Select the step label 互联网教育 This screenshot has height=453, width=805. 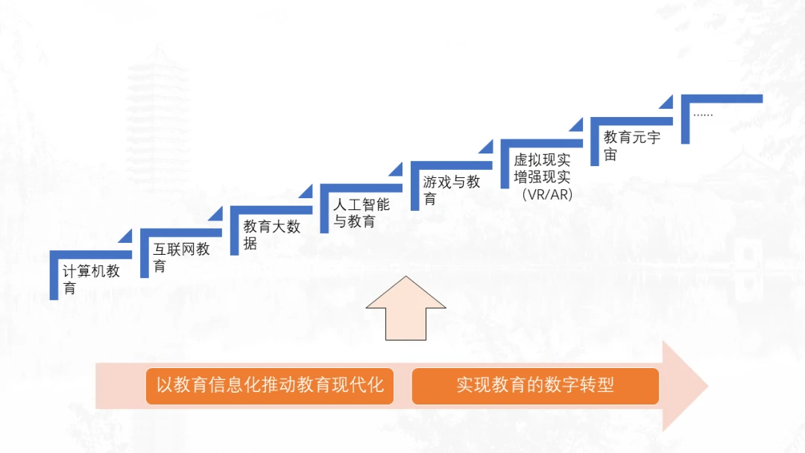pos(182,257)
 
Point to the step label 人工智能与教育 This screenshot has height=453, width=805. pos(362,212)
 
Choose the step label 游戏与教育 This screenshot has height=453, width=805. pos(452,190)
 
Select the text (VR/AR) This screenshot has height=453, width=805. pos(547,195)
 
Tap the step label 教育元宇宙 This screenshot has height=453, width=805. pos(632,145)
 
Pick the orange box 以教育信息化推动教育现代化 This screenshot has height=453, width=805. pos(270,385)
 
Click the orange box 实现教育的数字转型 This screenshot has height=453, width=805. pos(535,385)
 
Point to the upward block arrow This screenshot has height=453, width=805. pos(406,308)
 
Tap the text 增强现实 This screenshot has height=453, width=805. pos(542,177)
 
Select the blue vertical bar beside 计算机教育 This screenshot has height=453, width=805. pos(54,277)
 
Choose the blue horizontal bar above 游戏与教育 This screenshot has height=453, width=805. pos(451,165)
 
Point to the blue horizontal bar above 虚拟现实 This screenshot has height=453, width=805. pos(541,142)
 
